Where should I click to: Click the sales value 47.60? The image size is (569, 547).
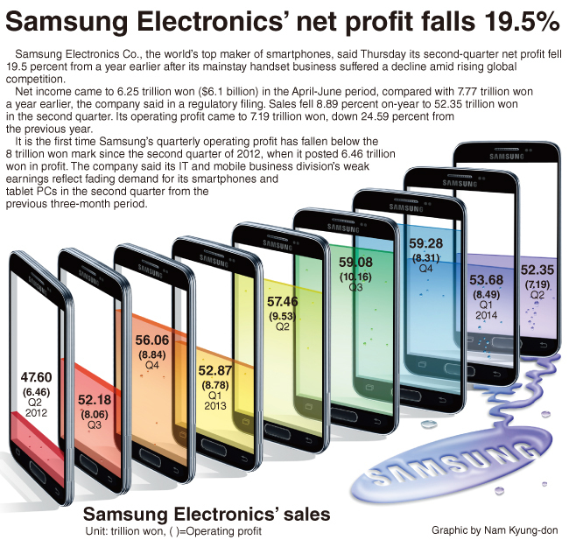pos(36,377)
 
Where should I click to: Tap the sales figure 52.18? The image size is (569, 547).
pos(95,400)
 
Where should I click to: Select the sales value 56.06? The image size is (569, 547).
pos(152,340)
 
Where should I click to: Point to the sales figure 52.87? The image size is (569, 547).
pos(214,370)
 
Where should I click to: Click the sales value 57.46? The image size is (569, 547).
pos(283,301)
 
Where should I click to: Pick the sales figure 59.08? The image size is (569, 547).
pos(355,262)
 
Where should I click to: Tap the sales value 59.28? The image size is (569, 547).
pos(426,243)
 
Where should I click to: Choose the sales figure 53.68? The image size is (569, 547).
pos(486,280)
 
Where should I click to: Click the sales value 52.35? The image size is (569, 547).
pos(537,270)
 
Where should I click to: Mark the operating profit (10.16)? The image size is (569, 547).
pos(355,277)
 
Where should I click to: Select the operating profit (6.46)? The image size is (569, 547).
pos(36,392)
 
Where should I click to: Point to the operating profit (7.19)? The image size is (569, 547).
pos(537,284)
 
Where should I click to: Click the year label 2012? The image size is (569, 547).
pos(36,413)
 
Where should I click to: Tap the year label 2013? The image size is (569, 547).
pos(214,405)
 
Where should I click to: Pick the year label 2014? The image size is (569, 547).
pos(486,315)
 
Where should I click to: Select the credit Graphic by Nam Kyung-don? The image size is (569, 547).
pos(495,530)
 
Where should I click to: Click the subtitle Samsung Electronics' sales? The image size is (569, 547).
pos(207,514)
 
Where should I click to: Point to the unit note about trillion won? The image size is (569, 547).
pos(173,531)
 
